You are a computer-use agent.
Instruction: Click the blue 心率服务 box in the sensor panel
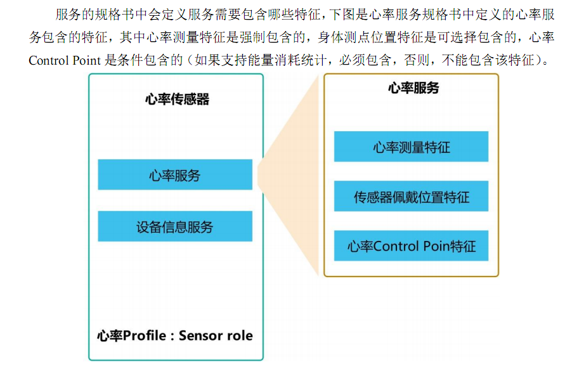tap(175, 174)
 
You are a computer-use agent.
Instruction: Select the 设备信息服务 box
tap(175, 226)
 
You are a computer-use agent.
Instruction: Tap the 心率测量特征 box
tap(411, 146)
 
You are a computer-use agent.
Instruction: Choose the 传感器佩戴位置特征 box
tap(411, 197)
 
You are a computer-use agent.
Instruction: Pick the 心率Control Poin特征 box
tap(411, 246)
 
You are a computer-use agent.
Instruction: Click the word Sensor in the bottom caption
tap(202, 335)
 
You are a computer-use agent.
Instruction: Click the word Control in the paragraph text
tap(49, 61)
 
